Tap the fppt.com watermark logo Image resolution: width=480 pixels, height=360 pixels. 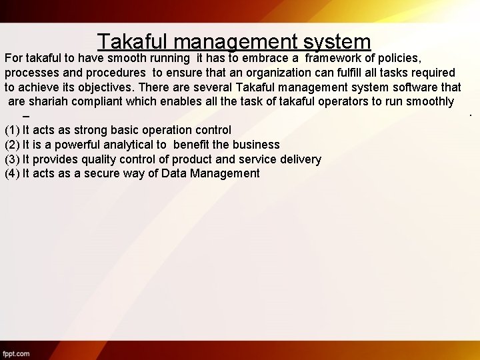point(16,353)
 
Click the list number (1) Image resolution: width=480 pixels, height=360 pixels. point(12,130)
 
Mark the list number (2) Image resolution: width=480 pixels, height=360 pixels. point(12,145)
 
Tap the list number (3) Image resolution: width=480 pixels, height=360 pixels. point(12,159)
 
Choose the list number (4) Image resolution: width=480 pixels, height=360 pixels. point(12,173)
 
